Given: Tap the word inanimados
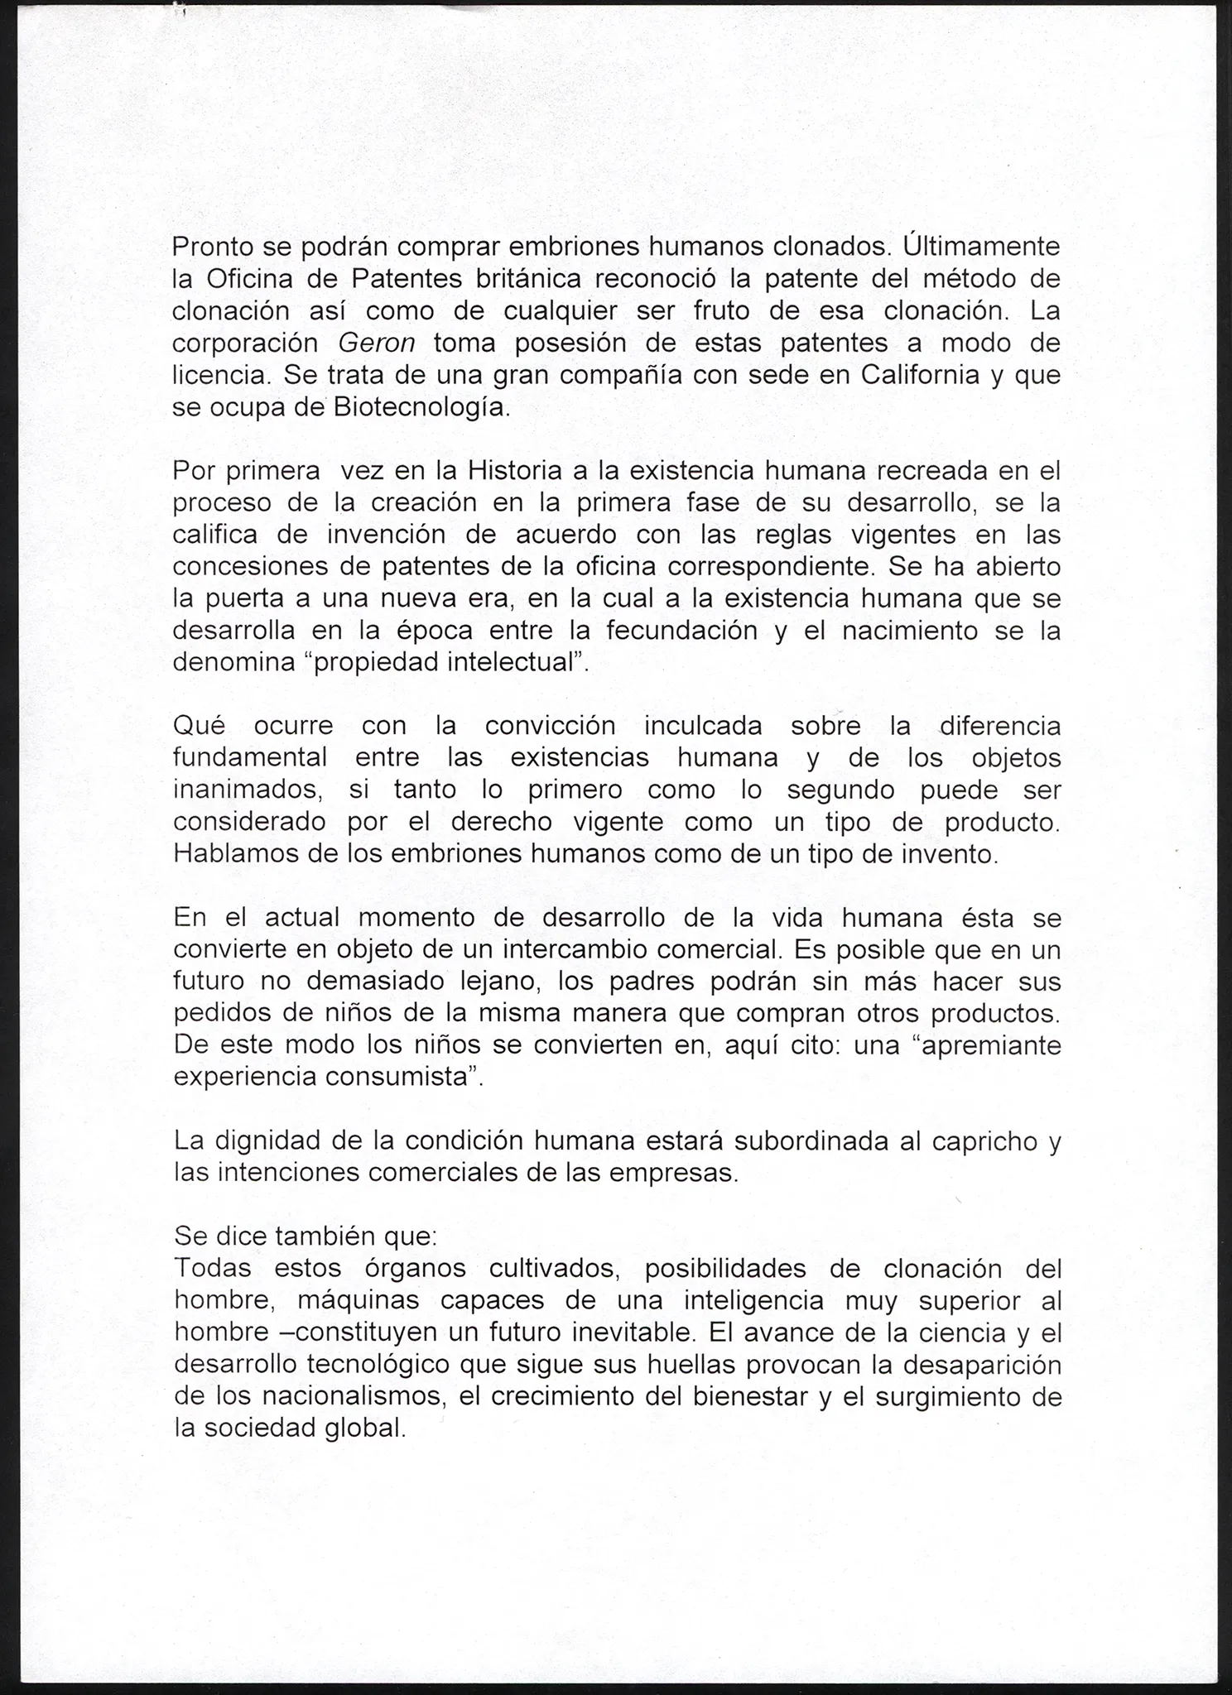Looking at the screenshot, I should click(247, 790).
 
